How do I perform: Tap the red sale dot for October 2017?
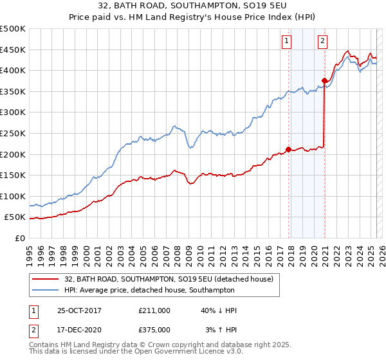pyautogui.click(x=288, y=149)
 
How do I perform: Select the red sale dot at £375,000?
pyautogui.click(x=325, y=80)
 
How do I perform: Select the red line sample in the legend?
pyautogui.click(x=44, y=279)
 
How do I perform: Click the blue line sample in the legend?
pyautogui.click(x=44, y=291)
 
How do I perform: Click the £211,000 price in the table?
pyautogui.click(x=154, y=310)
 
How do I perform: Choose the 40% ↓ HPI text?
pyautogui.click(x=218, y=310)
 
